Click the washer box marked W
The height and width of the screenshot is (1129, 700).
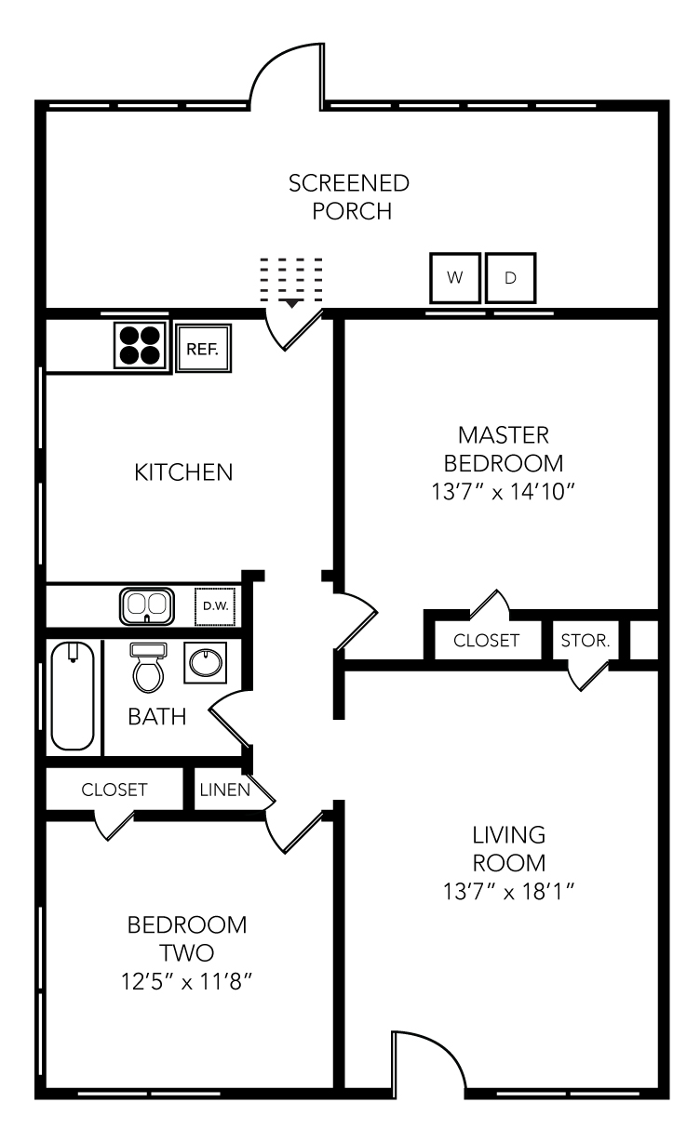(455, 277)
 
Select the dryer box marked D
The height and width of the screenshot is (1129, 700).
(510, 277)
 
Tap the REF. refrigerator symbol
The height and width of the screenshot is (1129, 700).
(202, 350)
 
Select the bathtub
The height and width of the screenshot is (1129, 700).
(72, 696)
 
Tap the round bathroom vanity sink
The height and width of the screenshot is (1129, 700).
(206, 663)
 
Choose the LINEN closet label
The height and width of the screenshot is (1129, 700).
(223, 790)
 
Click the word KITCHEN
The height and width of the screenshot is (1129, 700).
(183, 472)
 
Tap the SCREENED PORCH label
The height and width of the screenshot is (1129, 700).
(349, 196)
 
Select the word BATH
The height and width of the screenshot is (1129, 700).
(157, 717)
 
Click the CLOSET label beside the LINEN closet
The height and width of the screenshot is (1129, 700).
(114, 790)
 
